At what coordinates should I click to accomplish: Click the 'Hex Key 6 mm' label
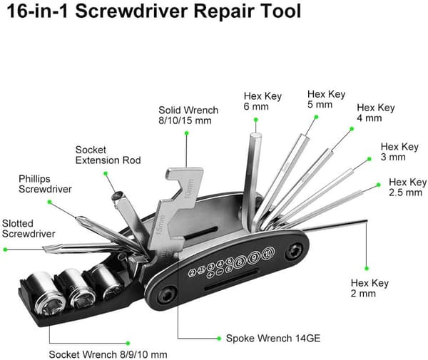(x=263, y=101)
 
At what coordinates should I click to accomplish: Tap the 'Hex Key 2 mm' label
(x=370, y=288)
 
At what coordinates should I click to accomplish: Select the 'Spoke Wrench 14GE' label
(x=273, y=338)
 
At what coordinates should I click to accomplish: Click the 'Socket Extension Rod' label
(x=108, y=155)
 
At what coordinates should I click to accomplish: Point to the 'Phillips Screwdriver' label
(x=45, y=184)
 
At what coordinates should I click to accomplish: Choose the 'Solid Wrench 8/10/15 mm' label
(x=188, y=115)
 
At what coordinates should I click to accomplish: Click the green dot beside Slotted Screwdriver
(x=5, y=250)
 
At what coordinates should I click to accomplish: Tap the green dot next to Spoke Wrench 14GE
(x=219, y=339)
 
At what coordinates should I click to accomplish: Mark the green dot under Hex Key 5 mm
(x=316, y=117)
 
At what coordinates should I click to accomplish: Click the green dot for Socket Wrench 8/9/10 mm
(x=128, y=343)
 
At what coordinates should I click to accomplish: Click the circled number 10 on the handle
(x=268, y=253)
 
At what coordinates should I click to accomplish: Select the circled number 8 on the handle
(x=240, y=262)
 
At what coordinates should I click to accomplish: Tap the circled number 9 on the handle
(x=254, y=257)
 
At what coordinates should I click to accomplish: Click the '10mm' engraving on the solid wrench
(x=190, y=189)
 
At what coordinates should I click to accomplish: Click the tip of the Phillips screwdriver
(x=77, y=217)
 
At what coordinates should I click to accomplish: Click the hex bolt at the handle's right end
(x=294, y=250)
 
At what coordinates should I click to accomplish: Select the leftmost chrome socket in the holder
(x=46, y=293)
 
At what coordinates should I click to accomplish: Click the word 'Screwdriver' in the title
(x=131, y=11)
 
